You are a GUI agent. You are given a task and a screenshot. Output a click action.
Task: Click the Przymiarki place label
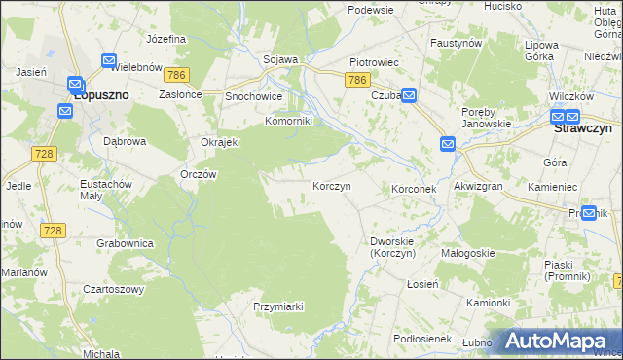tap(278, 306)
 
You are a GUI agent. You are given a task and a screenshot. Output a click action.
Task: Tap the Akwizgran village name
tap(477, 187)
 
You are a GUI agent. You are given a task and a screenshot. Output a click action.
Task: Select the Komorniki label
tap(288, 122)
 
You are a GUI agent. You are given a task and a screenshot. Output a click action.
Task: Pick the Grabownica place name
tap(124, 242)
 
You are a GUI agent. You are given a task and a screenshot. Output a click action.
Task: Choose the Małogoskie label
tap(468, 253)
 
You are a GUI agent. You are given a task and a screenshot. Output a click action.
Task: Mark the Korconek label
tap(418, 188)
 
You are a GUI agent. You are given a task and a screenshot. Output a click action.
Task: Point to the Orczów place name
tap(199, 174)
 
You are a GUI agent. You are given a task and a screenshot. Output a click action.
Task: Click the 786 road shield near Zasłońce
tap(176, 75)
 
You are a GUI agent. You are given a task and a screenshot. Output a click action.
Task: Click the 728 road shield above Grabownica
tap(53, 230)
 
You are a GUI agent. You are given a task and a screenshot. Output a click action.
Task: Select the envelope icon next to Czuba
tap(409, 95)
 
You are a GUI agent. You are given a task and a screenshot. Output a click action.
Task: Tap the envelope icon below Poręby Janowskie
tap(448, 145)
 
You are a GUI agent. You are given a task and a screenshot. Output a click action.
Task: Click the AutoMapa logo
tap(558, 342)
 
